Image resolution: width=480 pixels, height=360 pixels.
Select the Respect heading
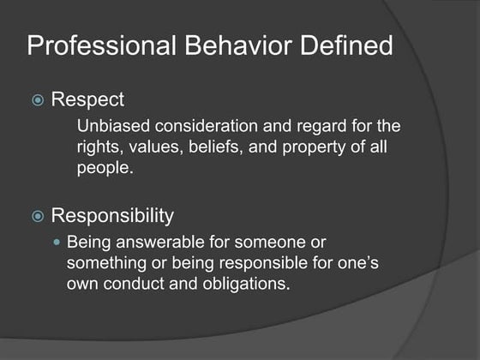click(x=87, y=99)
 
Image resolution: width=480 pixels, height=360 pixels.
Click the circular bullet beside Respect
click(x=36, y=100)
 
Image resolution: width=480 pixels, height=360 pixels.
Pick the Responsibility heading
click(x=112, y=214)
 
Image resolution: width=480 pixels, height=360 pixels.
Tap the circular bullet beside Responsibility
click(x=36, y=215)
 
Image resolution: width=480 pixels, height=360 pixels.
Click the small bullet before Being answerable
click(x=58, y=243)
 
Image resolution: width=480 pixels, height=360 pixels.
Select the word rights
click(x=96, y=147)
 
